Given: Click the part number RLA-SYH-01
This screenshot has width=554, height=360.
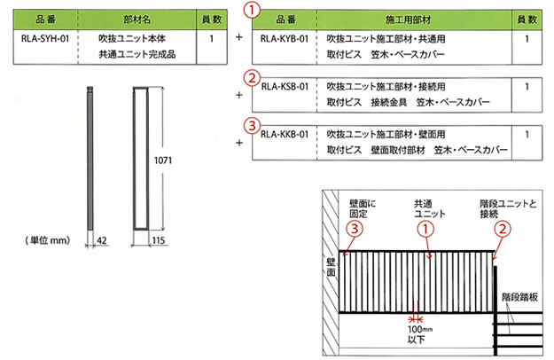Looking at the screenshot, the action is (x=45, y=38).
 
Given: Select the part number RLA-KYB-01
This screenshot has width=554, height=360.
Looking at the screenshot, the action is (x=285, y=38).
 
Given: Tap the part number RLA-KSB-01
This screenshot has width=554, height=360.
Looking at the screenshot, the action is (x=285, y=87).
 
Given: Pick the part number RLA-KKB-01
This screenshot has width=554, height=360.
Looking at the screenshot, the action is (x=285, y=134).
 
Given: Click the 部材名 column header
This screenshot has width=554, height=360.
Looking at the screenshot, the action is (x=137, y=20).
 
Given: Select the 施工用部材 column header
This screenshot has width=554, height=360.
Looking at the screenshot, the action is (x=409, y=20).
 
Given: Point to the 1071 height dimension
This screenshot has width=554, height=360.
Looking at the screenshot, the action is (x=163, y=160).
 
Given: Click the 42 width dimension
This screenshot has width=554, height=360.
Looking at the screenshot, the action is (x=102, y=240).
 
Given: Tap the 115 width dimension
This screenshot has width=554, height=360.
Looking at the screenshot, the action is (x=159, y=240).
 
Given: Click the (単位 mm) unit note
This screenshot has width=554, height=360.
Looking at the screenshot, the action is (x=48, y=240).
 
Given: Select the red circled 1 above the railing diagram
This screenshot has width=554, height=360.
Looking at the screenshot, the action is (x=425, y=230).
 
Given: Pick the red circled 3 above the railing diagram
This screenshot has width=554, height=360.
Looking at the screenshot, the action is (x=355, y=229).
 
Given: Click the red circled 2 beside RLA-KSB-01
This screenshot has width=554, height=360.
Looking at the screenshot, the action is (x=252, y=78).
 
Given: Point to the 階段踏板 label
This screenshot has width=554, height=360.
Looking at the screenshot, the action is (x=519, y=297).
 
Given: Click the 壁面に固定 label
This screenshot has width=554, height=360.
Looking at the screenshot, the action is (x=363, y=208).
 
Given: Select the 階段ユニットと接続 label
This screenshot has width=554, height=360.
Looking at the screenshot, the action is (x=508, y=208).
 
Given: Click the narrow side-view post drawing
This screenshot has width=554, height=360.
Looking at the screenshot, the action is (x=90, y=158).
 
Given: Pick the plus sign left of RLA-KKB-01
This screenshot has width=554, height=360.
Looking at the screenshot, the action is (x=239, y=143).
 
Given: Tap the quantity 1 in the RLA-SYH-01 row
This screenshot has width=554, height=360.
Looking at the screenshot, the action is (x=211, y=38).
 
